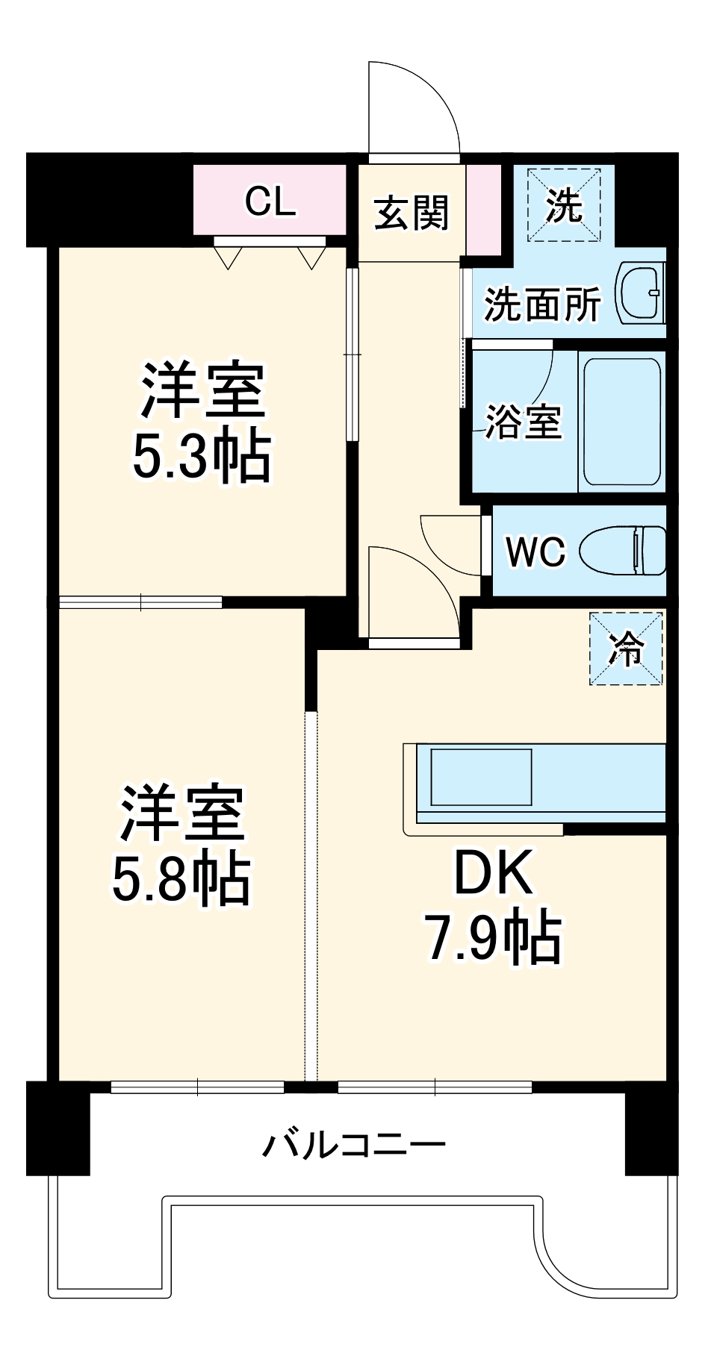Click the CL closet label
tap(270, 201)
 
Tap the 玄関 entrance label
tap(412, 213)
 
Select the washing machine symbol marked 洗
tap(564, 205)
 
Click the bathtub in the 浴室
tap(621, 422)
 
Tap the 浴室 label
tap(523, 422)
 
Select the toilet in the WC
tap(632, 551)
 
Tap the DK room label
tap(494, 873)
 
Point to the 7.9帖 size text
tap(493, 937)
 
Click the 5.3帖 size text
tap(202, 457)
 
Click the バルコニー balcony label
tap(355, 1143)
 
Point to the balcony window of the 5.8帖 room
tap(198, 1087)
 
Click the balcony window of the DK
tap(435, 1087)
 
